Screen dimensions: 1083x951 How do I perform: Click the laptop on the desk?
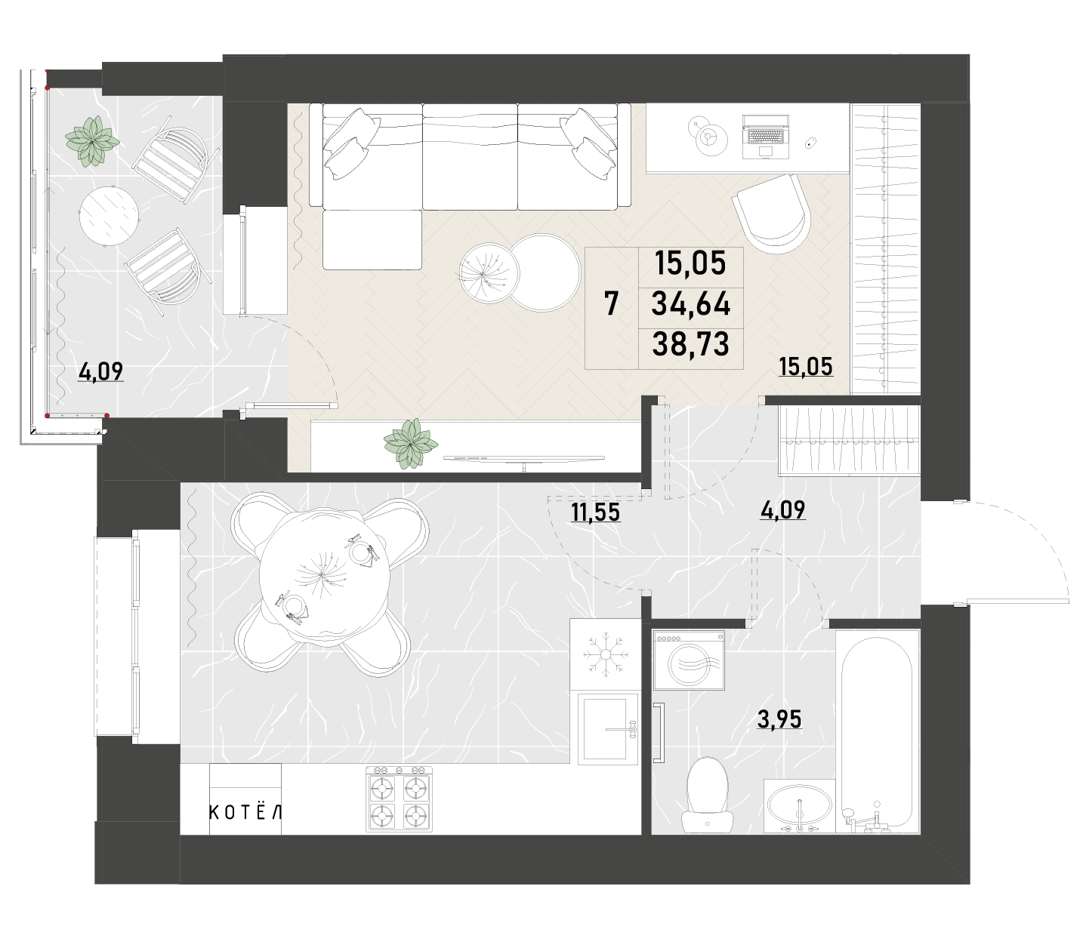765,137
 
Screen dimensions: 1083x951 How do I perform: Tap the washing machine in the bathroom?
690,660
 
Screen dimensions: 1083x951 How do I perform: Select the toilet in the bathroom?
707,796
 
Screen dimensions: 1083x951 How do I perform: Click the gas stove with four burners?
399,799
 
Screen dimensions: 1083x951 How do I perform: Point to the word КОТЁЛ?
245,813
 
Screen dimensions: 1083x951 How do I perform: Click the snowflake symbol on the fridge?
605,654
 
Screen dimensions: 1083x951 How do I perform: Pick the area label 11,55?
595,512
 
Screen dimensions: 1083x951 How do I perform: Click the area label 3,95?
779,719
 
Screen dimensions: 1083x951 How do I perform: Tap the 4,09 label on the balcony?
100,371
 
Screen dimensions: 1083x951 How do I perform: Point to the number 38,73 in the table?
690,344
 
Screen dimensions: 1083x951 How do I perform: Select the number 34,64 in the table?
690,304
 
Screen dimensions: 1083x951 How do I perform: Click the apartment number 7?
611,303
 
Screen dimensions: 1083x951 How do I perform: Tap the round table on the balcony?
109,215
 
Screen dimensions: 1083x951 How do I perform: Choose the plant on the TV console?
411,444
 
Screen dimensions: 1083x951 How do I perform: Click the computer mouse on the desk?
811,143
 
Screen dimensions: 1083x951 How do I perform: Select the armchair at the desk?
771,213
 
